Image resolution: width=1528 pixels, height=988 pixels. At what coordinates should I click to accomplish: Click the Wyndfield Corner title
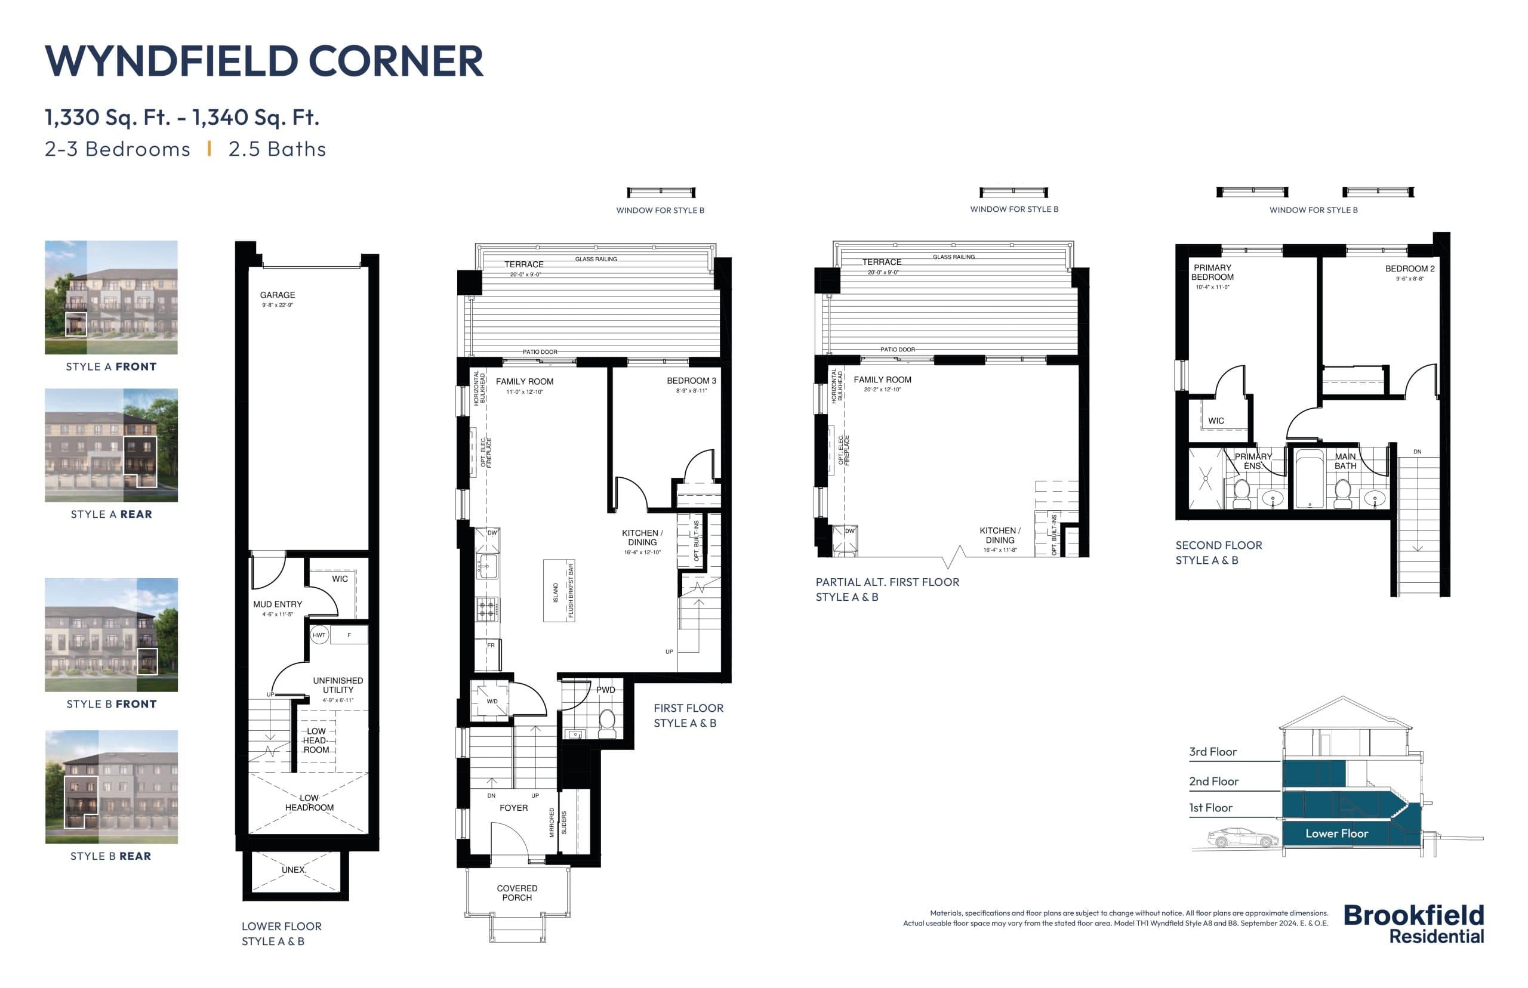pos(263,61)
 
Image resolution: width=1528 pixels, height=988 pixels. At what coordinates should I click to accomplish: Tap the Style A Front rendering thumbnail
pos(111,297)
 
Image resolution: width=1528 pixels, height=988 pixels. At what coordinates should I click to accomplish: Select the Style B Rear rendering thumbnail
pos(111,786)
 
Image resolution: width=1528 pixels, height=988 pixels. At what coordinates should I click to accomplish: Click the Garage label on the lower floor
pos(277,295)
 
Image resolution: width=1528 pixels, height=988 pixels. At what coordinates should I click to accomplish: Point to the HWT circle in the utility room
pos(319,635)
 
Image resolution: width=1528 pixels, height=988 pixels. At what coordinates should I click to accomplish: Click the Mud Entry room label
pos(277,604)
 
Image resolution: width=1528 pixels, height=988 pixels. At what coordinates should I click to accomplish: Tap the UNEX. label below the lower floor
pos(293,870)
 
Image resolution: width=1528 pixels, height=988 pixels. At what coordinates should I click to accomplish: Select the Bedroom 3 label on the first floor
pos(691,381)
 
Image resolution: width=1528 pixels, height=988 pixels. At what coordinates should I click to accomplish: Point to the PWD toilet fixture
pos(606,721)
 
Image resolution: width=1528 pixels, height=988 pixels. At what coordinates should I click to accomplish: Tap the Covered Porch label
pos(517,893)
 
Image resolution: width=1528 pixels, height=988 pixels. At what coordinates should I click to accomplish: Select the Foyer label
pos(513,808)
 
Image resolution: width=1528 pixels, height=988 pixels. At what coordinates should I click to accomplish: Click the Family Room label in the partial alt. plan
pos(882,380)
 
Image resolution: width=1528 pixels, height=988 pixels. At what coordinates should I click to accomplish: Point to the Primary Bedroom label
pos(1212,273)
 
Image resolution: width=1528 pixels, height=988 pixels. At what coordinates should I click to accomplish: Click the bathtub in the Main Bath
pos(1309,478)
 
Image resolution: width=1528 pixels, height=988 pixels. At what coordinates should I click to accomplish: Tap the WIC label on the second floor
pos(1215,421)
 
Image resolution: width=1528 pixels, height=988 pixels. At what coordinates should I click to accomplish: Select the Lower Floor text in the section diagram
pos(1336,833)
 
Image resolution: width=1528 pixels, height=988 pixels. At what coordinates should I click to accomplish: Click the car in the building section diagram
pos(1241,838)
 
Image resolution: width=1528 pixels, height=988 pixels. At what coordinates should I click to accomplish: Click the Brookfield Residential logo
pos(1413,924)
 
